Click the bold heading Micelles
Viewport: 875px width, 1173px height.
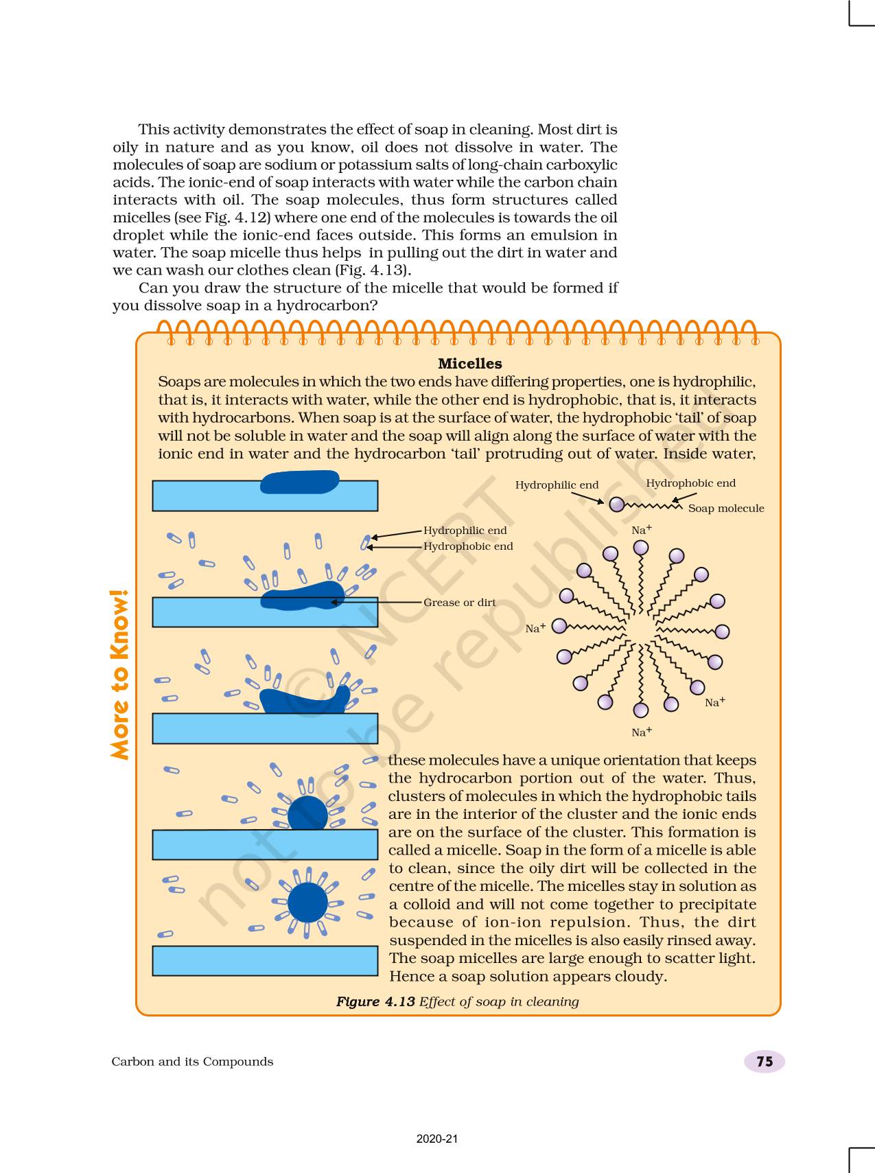[x=469, y=364]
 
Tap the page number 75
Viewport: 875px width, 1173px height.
[x=764, y=1062]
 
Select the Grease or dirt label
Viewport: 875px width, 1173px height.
[x=459, y=603]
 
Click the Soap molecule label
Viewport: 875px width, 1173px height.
[x=725, y=509]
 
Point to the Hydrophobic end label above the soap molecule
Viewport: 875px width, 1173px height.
[x=690, y=483]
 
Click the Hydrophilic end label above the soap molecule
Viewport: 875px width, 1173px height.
[x=557, y=485]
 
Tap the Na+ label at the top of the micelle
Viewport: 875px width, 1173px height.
[x=641, y=530]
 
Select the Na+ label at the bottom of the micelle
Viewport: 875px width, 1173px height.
[x=641, y=732]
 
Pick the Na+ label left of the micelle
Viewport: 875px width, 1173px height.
[x=535, y=628]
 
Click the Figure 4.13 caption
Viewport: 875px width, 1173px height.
[x=457, y=1001]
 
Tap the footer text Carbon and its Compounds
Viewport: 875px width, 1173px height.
[x=192, y=1062]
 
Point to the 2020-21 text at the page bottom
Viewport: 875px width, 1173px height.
[x=437, y=1139]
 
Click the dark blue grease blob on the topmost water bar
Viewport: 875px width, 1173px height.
[x=299, y=482]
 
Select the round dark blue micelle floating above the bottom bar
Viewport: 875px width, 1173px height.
[x=307, y=903]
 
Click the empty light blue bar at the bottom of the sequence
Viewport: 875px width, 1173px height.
[x=265, y=960]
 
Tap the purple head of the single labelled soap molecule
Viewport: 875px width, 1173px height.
[x=617, y=504]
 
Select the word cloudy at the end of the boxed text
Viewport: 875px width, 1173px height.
[x=642, y=976]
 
